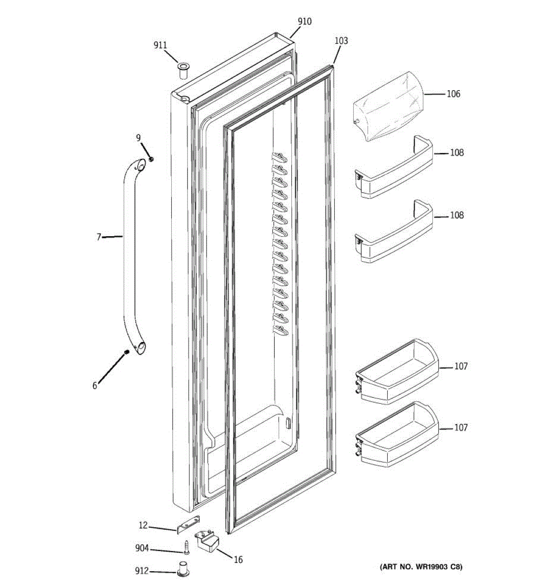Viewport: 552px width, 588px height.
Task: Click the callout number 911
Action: (x=160, y=45)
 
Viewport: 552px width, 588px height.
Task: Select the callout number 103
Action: (x=341, y=41)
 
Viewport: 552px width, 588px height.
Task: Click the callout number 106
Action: (x=453, y=94)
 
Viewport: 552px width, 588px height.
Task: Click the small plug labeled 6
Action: (x=127, y=352)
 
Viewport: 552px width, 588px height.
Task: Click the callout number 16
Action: (x=238, y=560)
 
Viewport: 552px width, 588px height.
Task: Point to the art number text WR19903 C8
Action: (x=421, y=567)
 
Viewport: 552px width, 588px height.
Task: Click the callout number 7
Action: (x=99, y=237)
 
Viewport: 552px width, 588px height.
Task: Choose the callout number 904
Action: (x=142, y=548)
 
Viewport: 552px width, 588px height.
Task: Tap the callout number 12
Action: (x=143, y=525)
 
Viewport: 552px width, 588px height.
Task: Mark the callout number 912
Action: (x=142, y=571)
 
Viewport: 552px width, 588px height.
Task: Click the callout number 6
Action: (x=95, y=386)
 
